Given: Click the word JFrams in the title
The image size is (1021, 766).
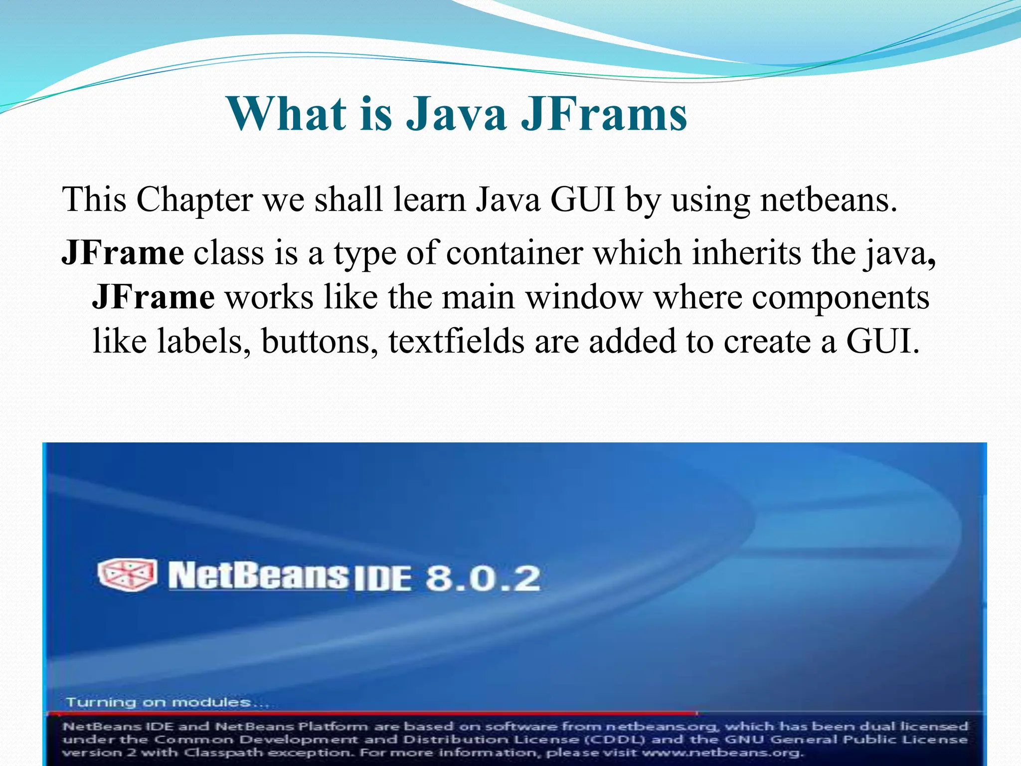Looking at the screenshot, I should coord(604,114).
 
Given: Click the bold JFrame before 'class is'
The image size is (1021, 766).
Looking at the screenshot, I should coord(123,253).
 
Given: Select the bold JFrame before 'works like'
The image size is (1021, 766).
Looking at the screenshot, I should coord(154,297).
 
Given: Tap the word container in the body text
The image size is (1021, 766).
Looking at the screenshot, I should coord(514,253).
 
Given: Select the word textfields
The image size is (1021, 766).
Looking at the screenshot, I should coord(456,342).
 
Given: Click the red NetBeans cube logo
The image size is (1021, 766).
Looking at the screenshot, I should coord(128,574).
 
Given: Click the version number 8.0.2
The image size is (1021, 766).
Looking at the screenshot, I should coord(483,579).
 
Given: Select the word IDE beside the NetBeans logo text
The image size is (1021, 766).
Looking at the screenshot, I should coord(382,580).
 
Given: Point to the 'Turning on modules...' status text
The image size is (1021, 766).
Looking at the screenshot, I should coord(167,703).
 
